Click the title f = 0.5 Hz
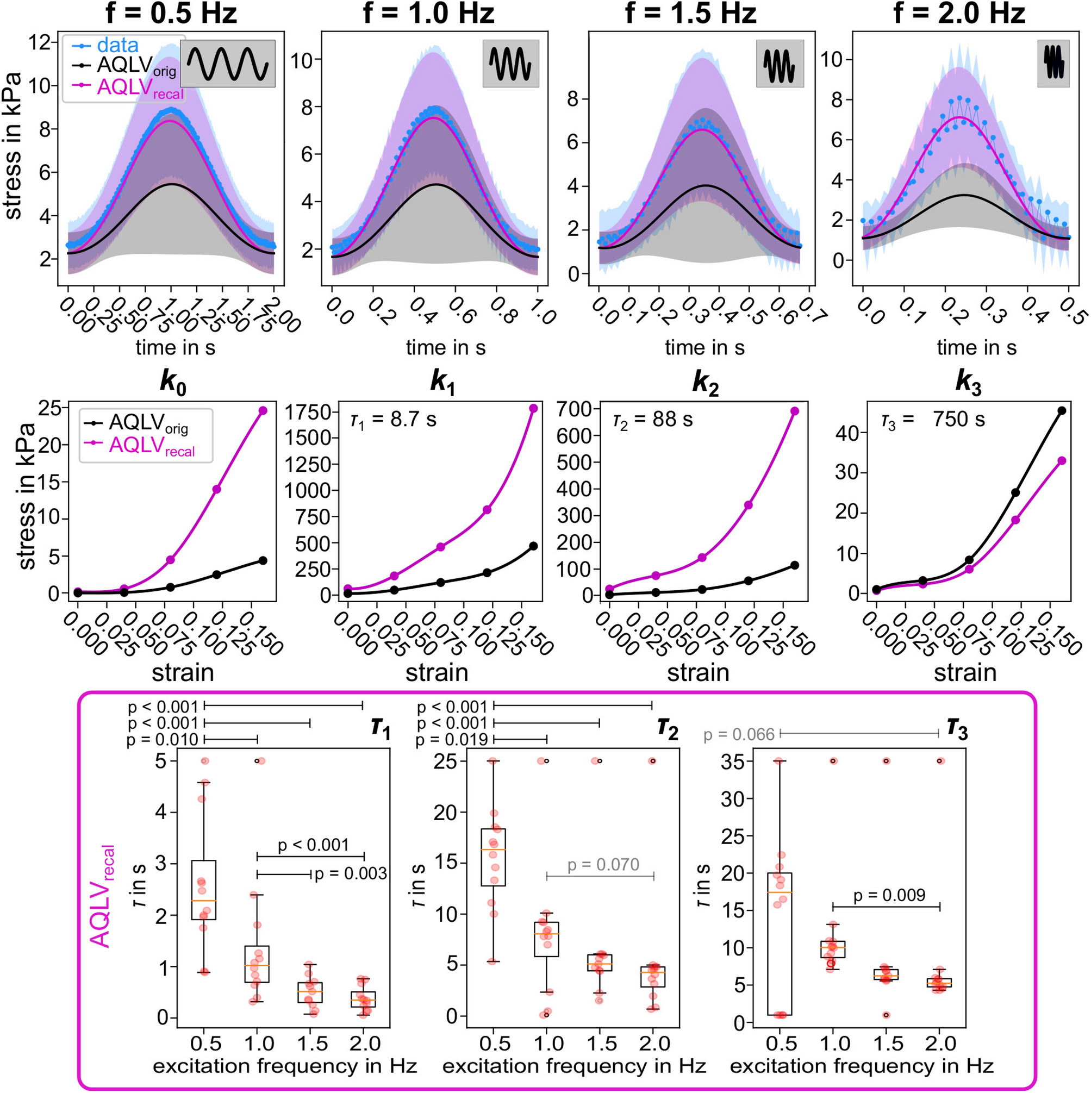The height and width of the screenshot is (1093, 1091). (x=171, y=14)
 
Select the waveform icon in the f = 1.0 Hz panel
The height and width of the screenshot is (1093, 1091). (x=510, y=64)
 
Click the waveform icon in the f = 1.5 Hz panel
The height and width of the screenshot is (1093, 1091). (x=779, y=64)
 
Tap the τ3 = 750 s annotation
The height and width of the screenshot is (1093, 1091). (x=933, y=420)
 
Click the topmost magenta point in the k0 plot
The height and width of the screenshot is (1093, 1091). (x=263, y=410)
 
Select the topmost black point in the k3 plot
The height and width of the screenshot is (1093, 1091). (x=1061, y=411)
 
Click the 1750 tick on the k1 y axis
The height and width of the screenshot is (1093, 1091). (x=308, y=412)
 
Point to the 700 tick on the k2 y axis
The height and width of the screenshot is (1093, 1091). (x=574, y=409)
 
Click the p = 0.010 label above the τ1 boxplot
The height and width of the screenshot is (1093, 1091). (x=163, y=739)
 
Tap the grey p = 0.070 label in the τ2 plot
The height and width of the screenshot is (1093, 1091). (x=603, y=864)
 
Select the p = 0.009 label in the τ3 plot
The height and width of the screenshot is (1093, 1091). (x=889, y=895)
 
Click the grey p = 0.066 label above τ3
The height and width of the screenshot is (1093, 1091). (x=738, y=734)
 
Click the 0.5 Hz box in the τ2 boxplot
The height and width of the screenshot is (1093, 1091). (x=493, y=857)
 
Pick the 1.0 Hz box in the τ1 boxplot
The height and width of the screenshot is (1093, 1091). (x=257, y=964)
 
